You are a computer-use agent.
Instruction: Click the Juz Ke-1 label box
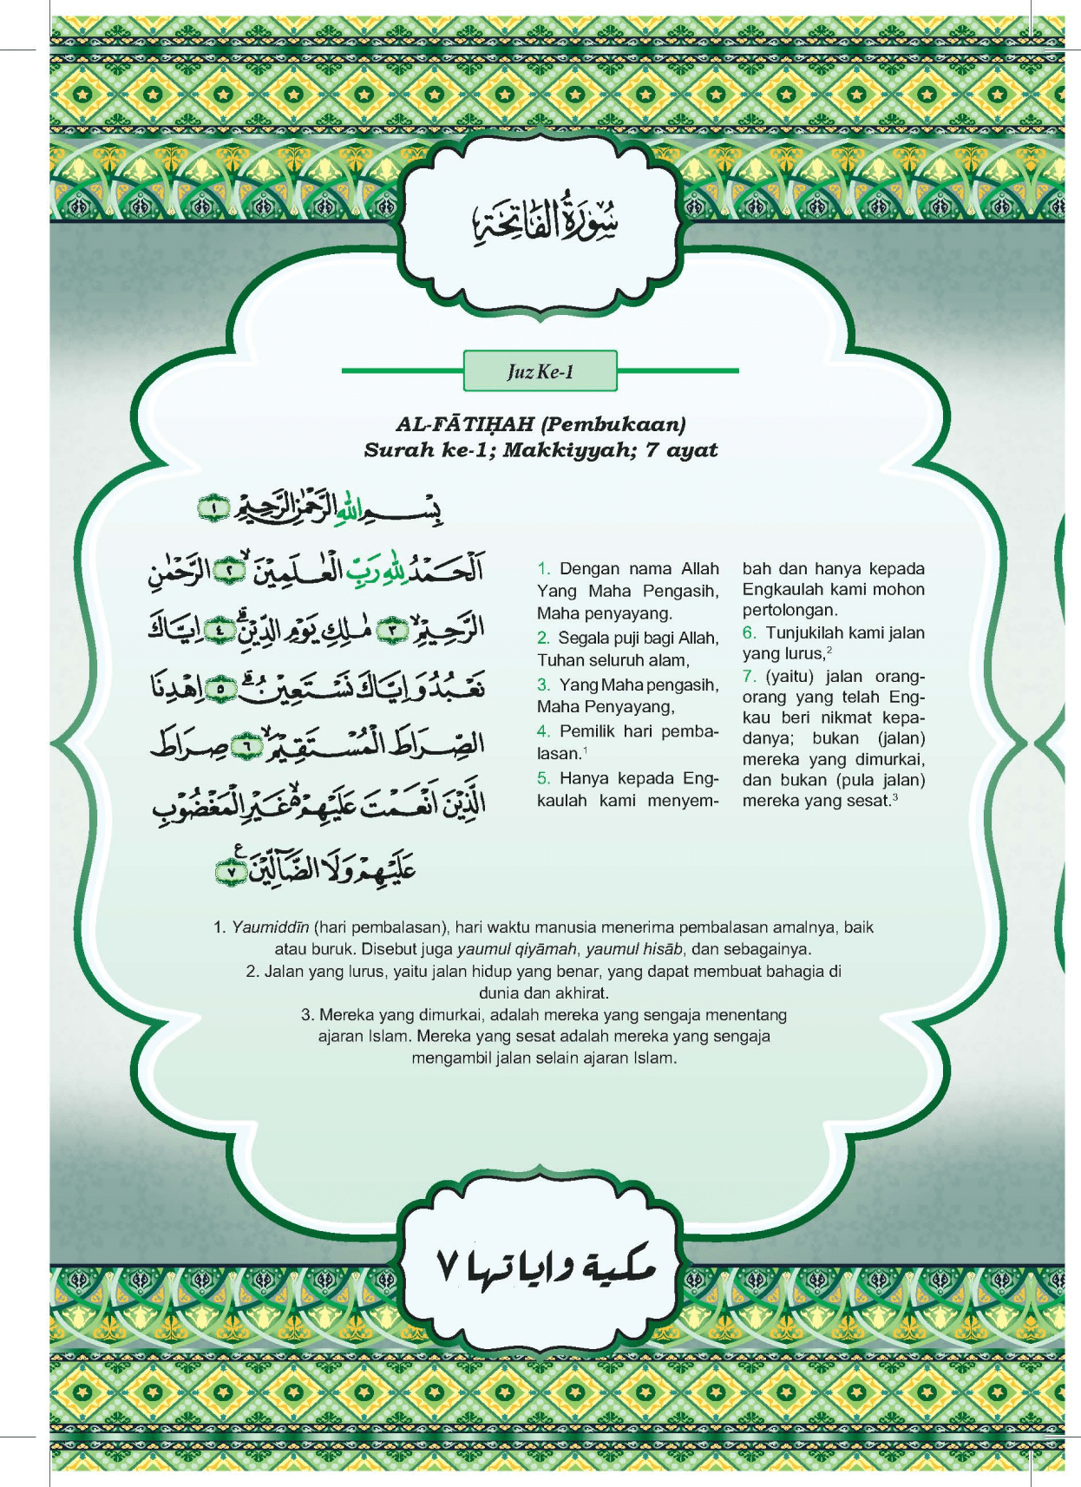tap(540, 371)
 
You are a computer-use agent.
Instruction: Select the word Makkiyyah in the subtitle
tap(567, 450)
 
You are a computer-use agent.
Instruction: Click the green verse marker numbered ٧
tap(231, 871)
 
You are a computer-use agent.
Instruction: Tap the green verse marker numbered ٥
tap(222, 689)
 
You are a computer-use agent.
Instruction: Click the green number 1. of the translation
tap(544, 569)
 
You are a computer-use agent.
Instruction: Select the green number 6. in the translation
tap(750, 633)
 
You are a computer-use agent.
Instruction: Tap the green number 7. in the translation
tap(750, 677)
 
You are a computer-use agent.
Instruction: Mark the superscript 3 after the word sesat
tap(894, 797)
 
